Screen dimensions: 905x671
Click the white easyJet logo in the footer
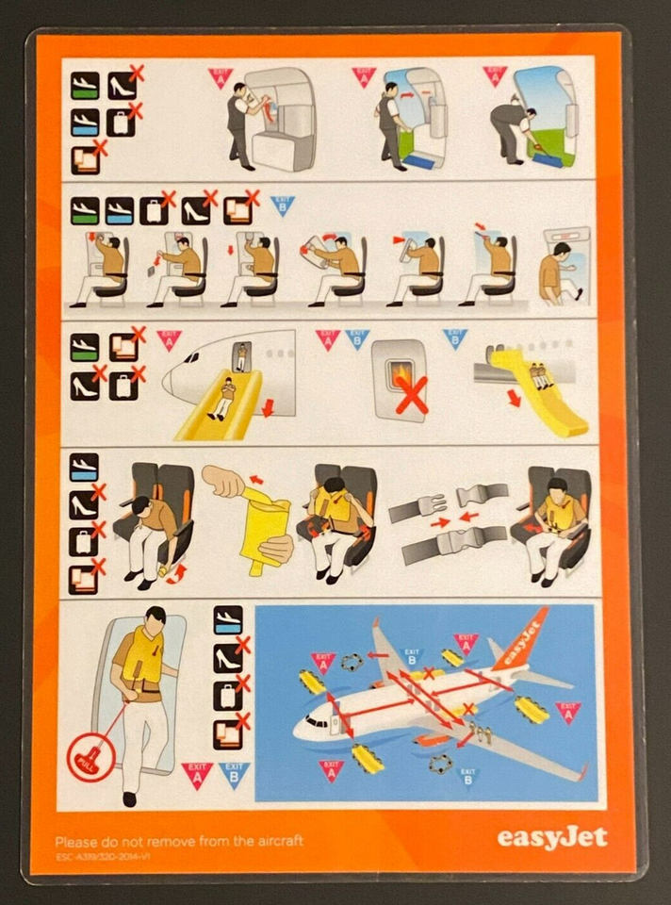coord(551,837)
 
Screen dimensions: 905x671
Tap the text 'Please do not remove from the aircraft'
coord(179,840)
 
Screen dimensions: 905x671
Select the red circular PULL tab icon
coord(91,759)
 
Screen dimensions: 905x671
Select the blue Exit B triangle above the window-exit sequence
coord(282,204)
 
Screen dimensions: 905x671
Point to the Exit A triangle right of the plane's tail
coord(567,712)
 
